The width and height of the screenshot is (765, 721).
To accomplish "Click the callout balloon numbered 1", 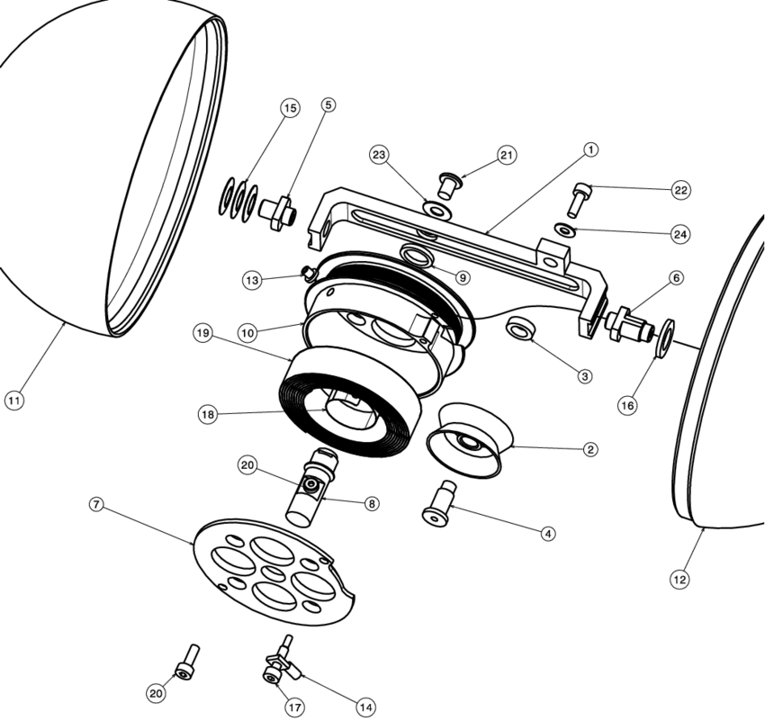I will (x=590, y=149).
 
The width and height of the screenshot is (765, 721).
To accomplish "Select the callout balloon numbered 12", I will (x=679, y=580).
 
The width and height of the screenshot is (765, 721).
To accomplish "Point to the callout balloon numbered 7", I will (x=96, y=504).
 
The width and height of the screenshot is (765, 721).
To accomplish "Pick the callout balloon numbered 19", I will (x=203, y=332).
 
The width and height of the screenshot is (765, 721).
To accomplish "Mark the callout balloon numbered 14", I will (x=365, y=707).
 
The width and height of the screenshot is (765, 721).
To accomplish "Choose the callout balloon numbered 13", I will (x=253, y=281).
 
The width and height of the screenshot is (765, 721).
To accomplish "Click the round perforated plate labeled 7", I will (x=274, y=576).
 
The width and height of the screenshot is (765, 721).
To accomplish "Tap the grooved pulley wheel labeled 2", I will (x=468, y=442).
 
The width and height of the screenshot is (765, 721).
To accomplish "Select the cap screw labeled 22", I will (x=578, y=198).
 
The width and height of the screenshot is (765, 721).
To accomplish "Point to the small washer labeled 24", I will (x=564, y=230).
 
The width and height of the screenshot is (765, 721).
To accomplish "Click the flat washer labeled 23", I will (x=437, y=210).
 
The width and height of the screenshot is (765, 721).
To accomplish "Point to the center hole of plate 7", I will (x=272, y=573).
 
